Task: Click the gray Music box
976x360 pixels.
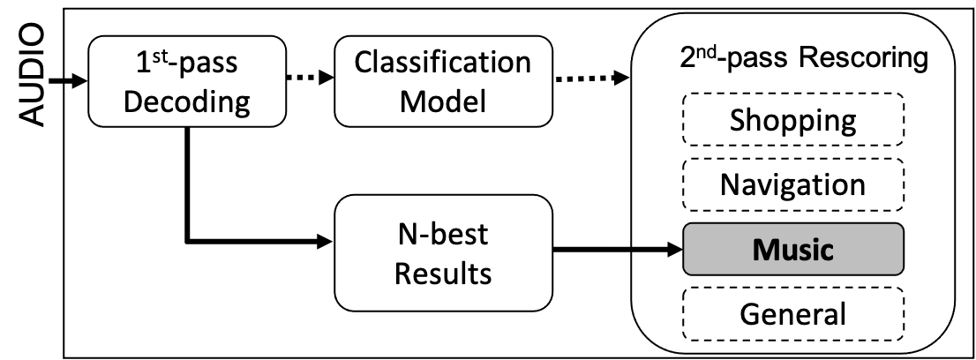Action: click(792, 249)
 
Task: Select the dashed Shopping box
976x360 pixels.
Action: click(792, 120)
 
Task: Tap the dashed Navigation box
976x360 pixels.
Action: click(792, 184)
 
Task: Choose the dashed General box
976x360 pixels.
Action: click(792, 313)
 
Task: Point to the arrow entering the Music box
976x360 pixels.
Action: click(657, 250)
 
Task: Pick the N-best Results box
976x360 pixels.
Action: click(442, 252)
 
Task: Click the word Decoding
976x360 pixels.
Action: click(186, 101)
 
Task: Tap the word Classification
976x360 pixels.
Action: click(442, 64)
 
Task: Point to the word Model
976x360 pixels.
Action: click(442, 101)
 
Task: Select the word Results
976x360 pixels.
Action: click(442, 273)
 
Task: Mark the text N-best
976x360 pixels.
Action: click(442, 235)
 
